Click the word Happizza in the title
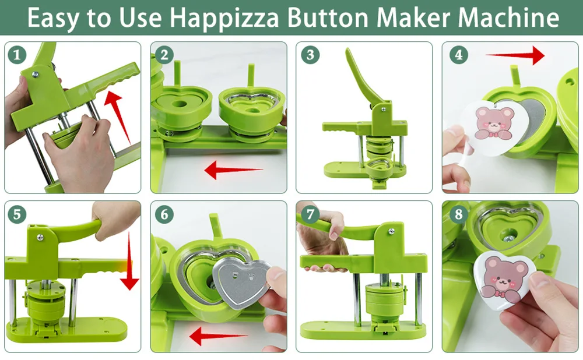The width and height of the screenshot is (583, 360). pyautogui.click(x=225, y=17)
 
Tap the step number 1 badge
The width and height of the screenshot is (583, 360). pyautogui.click(x=17, y=55)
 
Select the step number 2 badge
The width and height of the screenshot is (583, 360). pyautogui.click(x=164, y=55)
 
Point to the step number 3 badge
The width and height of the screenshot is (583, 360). pyautogui.click(x=310, y=55)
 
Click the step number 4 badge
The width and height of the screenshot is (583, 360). pyautogui.click(x=458, y=55)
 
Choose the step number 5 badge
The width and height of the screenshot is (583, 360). pyautogui.click(x=17, y=214)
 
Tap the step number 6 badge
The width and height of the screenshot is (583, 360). pyautogui.click(x=164, y=214)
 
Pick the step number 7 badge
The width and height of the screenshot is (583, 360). pyautogui.click(x=310, y=214)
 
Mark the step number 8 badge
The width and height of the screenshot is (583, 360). pyautogui.click(x=458, y=214)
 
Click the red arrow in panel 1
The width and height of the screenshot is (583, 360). pyautogui.click(x=118, y=117)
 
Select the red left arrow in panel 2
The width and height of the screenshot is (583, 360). pyautogui.click(x=234, y=170)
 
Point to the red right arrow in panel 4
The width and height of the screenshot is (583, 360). pyautogui.click(x=515, y=55)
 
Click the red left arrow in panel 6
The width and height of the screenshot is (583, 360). pyautogui.click(x=218, y=336)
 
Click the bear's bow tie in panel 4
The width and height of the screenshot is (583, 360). pyautogui.click(x=493, y=135)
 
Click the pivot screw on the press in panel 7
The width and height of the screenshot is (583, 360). pyautogui.click(x=391, y=231)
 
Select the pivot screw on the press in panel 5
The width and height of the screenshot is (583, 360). pyautogui.click(x=40, y=237)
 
